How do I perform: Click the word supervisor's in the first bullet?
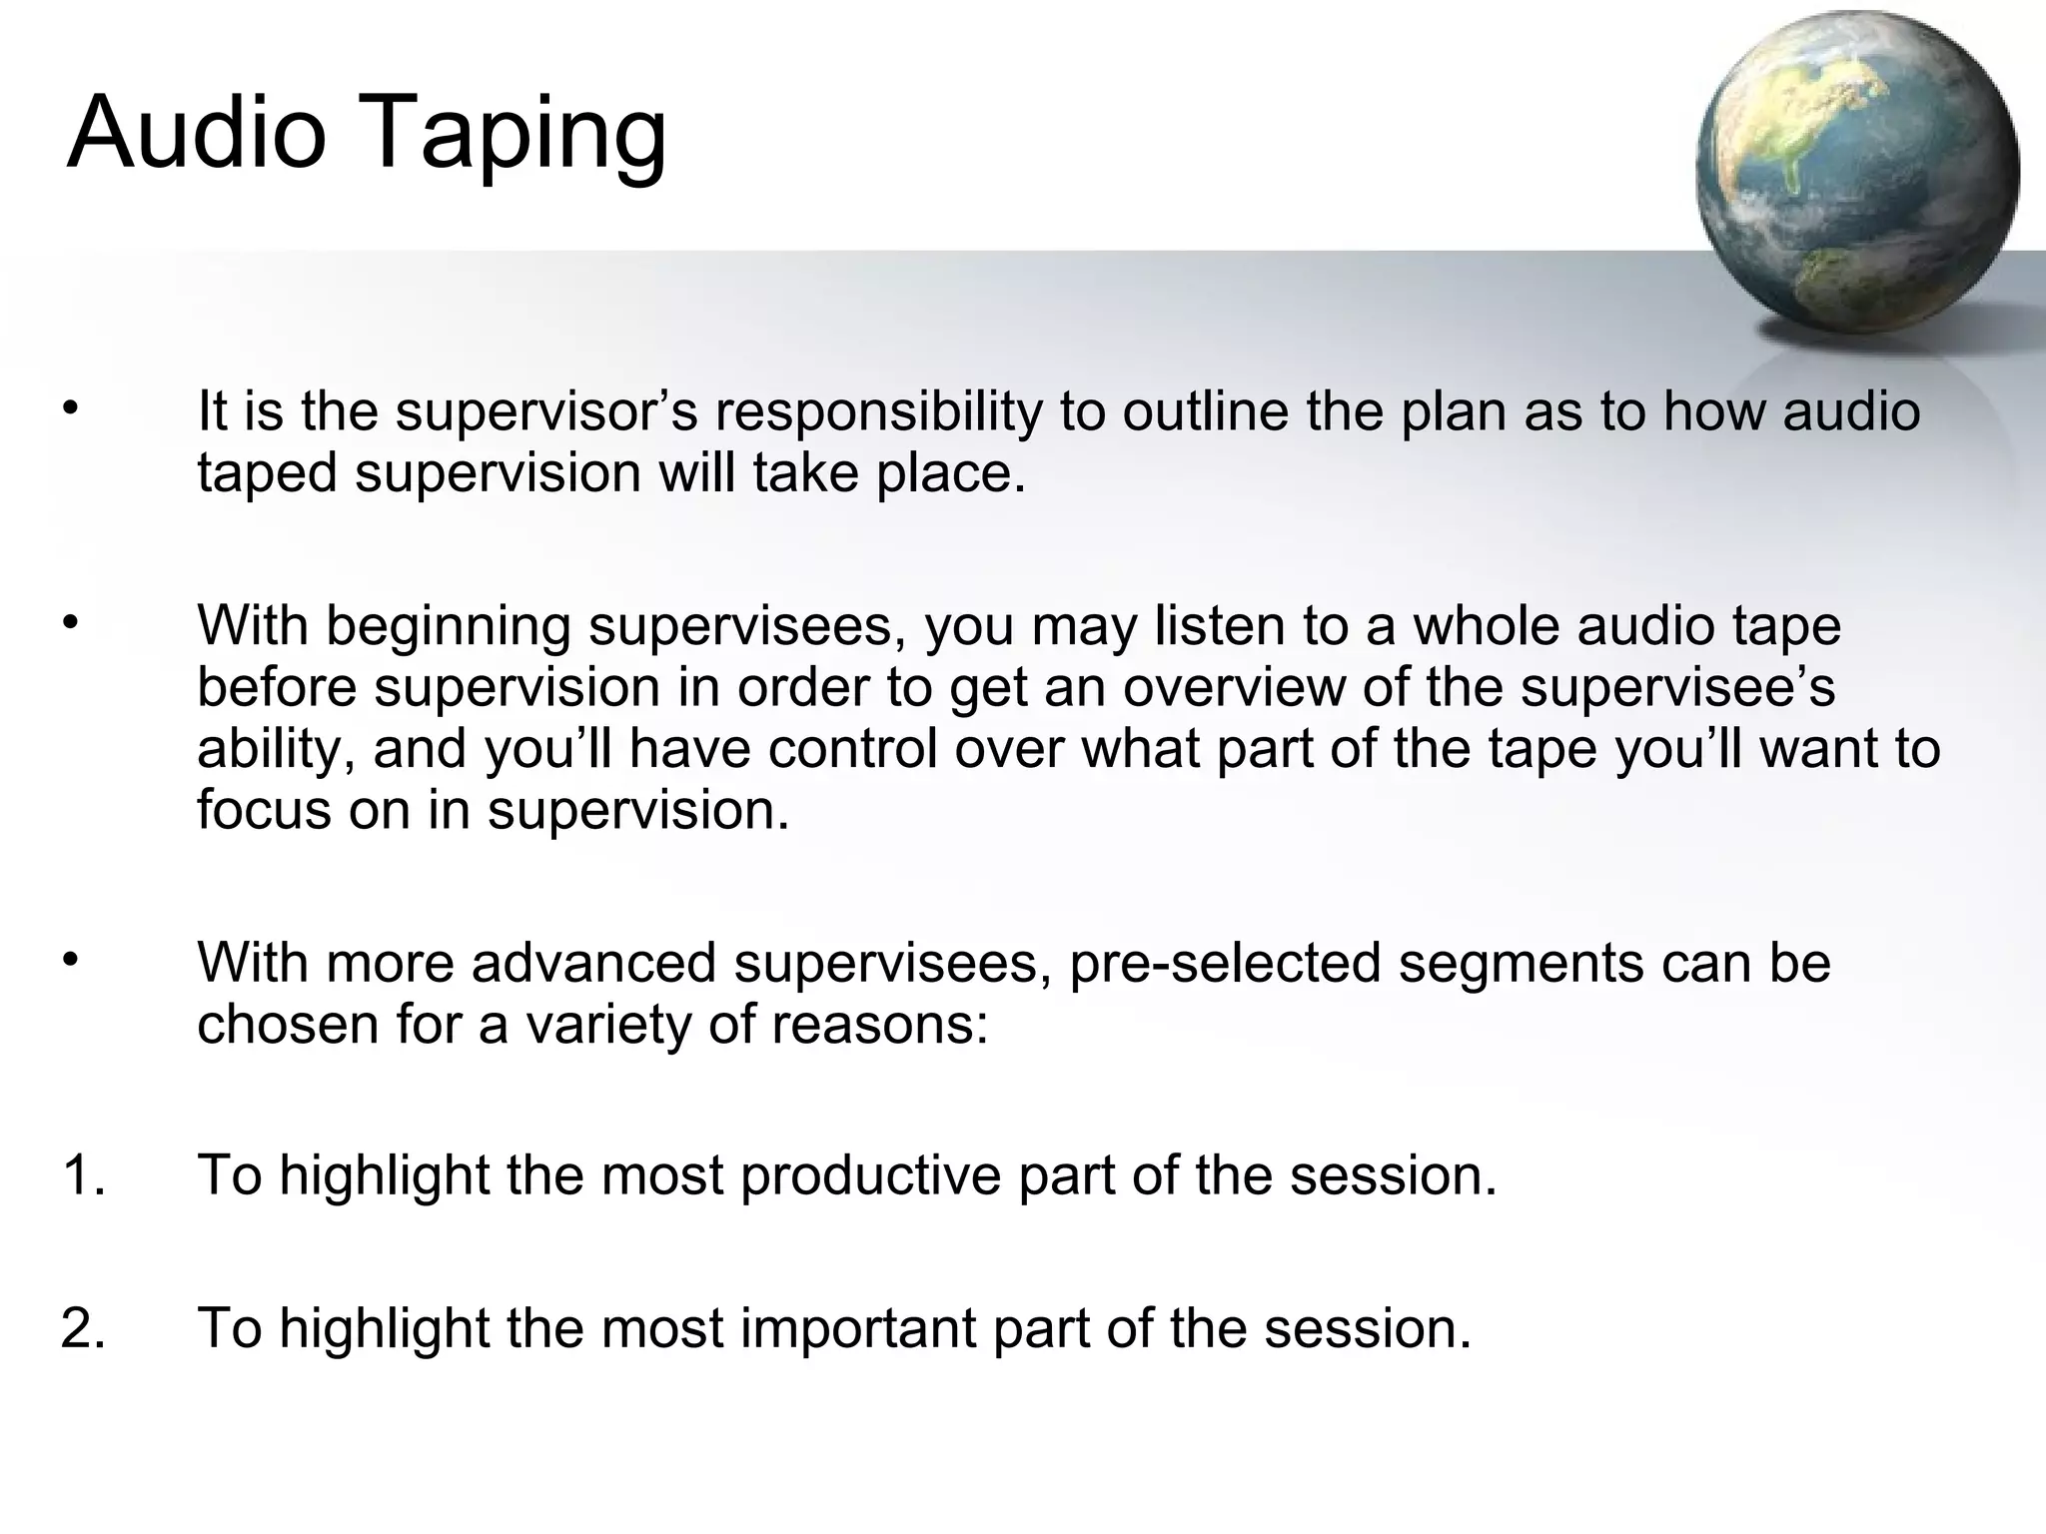tap(545, 411)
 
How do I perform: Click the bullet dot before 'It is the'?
tap(69, 408)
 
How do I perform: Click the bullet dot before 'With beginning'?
tap(69, 623)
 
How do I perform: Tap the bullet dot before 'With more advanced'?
tap(69, 960)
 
